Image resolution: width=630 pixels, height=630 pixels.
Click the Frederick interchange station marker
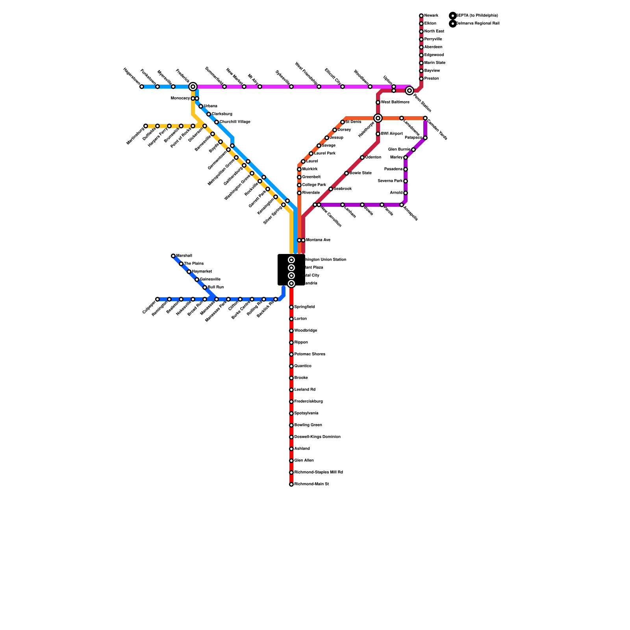coord(193,87)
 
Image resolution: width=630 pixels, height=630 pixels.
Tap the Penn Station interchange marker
coord(409,91)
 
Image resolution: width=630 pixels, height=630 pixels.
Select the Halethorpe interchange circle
coord(378,118)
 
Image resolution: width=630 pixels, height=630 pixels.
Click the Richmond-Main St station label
coord(311,484)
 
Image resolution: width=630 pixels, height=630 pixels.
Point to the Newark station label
coord(431,16)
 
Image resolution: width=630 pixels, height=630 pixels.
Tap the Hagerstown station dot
coord(142,87)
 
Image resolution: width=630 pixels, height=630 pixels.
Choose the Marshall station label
coord(184,256)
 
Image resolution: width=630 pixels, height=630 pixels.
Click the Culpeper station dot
coord(157,299)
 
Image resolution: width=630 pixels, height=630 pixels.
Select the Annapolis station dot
coord(402,205)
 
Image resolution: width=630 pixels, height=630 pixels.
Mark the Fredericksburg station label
coord(309,402)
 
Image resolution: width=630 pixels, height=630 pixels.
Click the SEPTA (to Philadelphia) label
coord(477,16)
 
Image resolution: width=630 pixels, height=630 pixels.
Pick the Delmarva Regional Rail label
coord(478,24)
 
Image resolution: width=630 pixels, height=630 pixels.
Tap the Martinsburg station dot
coord(146,126)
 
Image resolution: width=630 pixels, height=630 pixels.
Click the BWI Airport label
coord(392,134)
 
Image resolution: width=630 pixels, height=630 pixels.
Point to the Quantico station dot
coord(291,366)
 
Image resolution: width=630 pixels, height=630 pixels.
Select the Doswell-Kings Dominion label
coord(317,437)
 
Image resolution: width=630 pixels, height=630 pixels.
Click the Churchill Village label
coord(235,122)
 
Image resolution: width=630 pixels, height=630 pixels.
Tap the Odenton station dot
coord(362,157)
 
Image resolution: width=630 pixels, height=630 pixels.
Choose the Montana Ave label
coord(318,240)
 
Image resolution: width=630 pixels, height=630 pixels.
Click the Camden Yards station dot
coord(425,118)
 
